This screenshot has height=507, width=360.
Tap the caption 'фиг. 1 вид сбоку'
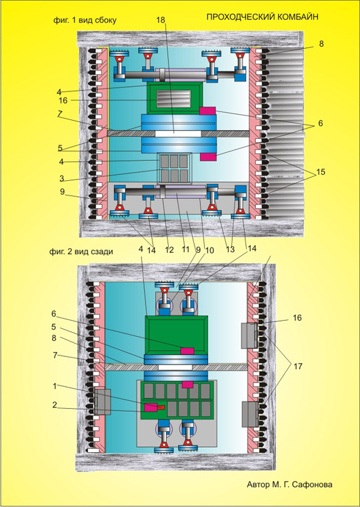click(85, 20)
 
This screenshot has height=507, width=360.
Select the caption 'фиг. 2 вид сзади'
click(81, 251)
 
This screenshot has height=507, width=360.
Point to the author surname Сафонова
click(312, 484)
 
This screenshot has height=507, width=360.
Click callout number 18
click(161, 20)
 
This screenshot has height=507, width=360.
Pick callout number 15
click(321, 172)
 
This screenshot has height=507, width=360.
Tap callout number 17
click(297, 366)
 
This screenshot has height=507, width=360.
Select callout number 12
click(169, 250)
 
